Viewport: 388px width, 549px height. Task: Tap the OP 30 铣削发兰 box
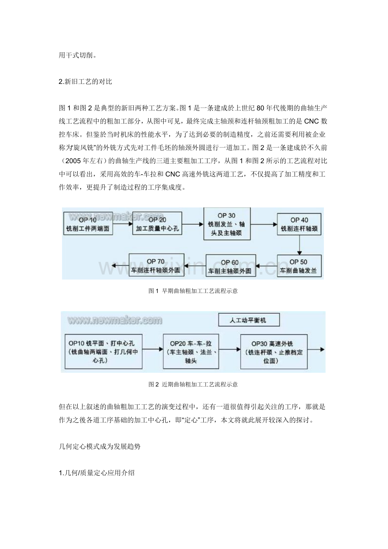click(x=226, y=224)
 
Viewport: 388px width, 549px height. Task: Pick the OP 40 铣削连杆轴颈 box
click(x=299, y=224)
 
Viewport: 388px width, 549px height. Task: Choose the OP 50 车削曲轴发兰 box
click(x=299, y=265)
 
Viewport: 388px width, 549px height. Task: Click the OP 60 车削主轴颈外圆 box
click(x=231, y=266)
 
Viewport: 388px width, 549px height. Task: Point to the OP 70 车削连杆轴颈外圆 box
click(x=157, y=265)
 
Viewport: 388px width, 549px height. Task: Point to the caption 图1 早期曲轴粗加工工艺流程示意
click(x=194, y=291)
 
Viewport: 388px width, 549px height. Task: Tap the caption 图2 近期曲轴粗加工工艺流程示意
click(x=193, y=384)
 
